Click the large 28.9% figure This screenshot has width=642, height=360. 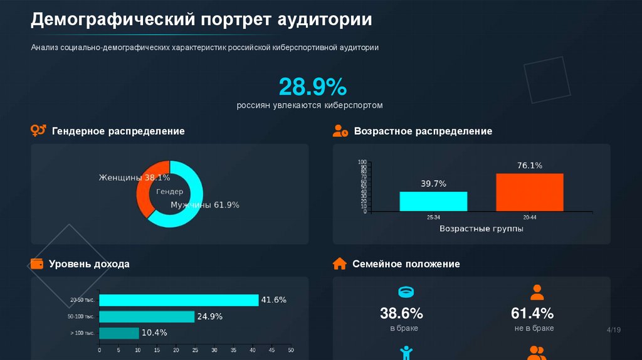[312, 87]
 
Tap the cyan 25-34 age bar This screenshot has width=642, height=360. [433, 201]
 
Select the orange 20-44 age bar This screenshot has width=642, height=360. [529, 192]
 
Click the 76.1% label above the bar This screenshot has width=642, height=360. [530, 166]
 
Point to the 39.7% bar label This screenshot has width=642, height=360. [433, 184]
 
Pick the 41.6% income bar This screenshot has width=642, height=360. [179, 300]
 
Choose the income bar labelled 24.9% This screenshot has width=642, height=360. [147, 316]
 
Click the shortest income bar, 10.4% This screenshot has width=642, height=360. [119, 332]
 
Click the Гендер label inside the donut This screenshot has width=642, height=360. [170, 191]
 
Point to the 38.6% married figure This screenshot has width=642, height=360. [401, 313]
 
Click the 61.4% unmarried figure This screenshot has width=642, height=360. [532, 313]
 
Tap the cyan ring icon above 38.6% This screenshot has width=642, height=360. [406, 292]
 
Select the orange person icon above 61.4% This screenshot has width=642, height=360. [537, 292]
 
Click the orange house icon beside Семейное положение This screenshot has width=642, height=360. [340, 263]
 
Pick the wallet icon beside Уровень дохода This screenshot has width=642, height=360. [38, 263]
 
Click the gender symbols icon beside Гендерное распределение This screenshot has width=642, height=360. [38, 130]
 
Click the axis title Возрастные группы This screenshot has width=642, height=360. [481, 229]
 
